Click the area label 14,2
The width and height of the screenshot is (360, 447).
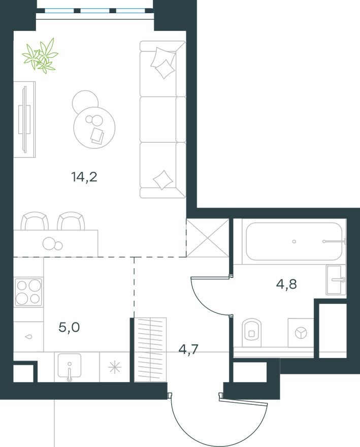(x=84, y=177)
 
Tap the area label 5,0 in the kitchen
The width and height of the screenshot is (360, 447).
(x=69, y=327)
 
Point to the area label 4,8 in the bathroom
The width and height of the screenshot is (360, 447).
(x=286, y=283)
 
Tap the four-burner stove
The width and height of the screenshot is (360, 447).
(x=28, y=292)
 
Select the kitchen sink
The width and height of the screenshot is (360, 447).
(x=69, y=367)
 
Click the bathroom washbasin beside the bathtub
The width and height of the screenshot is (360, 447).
(x=336, y=279)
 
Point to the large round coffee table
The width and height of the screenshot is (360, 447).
(x=95, y=126)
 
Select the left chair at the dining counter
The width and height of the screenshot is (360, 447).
(x=35, y=221)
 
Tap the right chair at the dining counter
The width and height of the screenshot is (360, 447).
(x=71, y=221)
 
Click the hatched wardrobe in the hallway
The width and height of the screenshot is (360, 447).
(x=151, y=349)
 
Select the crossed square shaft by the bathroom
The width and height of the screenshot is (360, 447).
(x=207, y=238)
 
